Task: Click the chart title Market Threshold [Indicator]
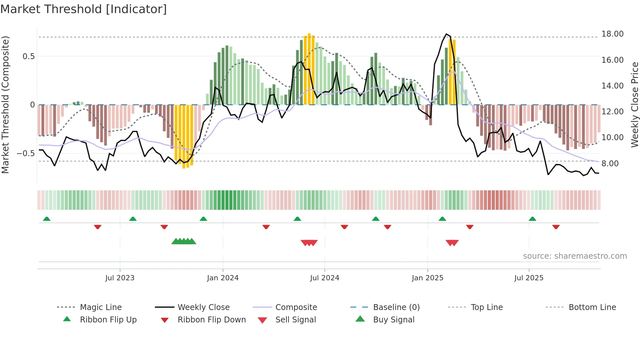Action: tap(84, 9)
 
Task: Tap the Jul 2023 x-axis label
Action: tap(120, 278)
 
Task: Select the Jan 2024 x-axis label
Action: tap(223, 278)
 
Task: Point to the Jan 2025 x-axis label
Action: tap(427, 278)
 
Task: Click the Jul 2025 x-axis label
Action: tap(529, 278)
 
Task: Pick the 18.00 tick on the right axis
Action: tap(612, 34)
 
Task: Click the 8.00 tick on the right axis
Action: tap(610, 164)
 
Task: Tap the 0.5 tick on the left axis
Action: tap(28, 57)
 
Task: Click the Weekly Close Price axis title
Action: tap(634, 105)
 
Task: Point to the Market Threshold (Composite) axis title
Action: tap(5, 105)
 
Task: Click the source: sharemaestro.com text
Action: tap(575, 256)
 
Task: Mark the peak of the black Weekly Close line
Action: tap(446, 34)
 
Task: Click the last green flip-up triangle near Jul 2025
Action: tap(532, 219)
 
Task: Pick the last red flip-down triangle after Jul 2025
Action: tap(556, 227)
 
